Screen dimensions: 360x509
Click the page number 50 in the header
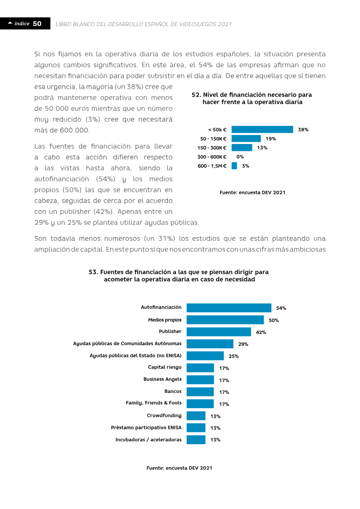coord(37,24)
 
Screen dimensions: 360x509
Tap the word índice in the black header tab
coord(22,23)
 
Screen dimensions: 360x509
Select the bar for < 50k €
coord(262,130)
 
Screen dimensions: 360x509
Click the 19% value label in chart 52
coord(271,139)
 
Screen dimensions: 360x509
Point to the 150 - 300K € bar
coord(242,148)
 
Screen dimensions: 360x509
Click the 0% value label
coord(240,157)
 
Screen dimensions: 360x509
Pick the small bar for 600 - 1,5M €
coord(234,166)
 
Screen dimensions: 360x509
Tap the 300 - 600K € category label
coord(212,157)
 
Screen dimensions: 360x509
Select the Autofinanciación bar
coord(229,308)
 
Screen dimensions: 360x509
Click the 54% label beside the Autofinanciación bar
coord(281,308)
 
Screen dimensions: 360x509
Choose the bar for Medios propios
coord(225,320)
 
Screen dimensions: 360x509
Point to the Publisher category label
coord(170,331)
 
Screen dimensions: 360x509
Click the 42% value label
coord(261,332)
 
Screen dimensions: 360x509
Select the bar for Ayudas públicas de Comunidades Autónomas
coord(210,344)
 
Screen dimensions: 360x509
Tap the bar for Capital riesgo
coord(200,368)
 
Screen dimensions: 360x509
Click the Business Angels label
coord(162,379)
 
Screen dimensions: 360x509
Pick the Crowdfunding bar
coord(196,416)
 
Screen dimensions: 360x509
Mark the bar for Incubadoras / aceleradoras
coord(196,440)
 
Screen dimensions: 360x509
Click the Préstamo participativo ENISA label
coord(146,428)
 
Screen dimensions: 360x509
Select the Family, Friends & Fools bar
coord(200,404)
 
